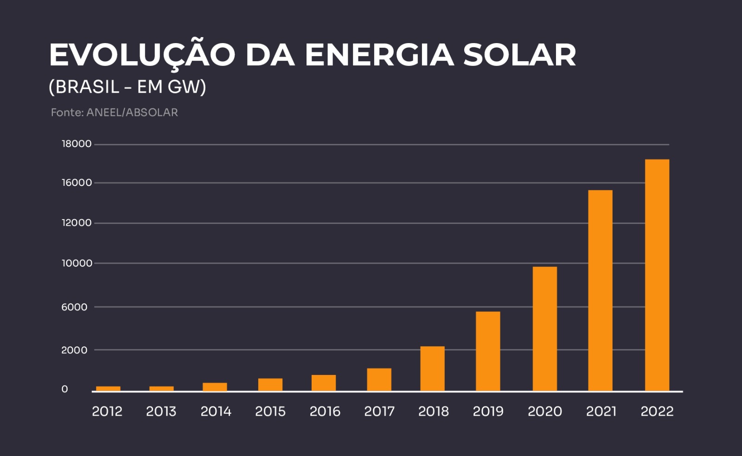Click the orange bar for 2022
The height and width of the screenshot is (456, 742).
pyautogui.click(x=657, y=275)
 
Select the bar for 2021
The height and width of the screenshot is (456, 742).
pyautogui.click(x=600, y=291)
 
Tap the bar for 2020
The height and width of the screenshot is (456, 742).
pyautogui.click(x=544, y=329)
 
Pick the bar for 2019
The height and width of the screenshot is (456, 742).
pyautogui.click(x=488, y=351)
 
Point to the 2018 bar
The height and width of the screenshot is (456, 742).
pyautogui.click(x=432, y=368)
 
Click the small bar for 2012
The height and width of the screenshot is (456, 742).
pyautogui.click(x=108, y=388)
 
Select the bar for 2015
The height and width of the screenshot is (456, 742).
pyautogui.click(x=270, y=385)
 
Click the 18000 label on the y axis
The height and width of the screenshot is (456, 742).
pyautogui.click(x=77, y=144)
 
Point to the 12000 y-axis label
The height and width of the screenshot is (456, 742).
pyautogui.click(x=77, y=223)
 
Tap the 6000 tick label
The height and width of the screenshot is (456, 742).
pyautogui.click(x=74, y=307)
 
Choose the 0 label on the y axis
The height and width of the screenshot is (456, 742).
pyautogui.click(x=64, y=389)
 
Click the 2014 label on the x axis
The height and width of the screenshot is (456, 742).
pyautogui.click(x=216, y=412)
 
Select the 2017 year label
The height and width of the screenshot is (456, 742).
pyautogui.click(x=379, y=412)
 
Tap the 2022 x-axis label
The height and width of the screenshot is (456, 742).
pyautogui.click(x=657, y=412)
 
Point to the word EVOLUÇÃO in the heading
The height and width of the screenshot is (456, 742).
pyautogui.click(x=142, y=55)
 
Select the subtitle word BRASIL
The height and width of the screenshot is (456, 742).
pyautogui.click(x=87, y=87)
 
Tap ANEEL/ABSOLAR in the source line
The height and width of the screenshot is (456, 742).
pyautogui.click(x=132, y=113)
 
